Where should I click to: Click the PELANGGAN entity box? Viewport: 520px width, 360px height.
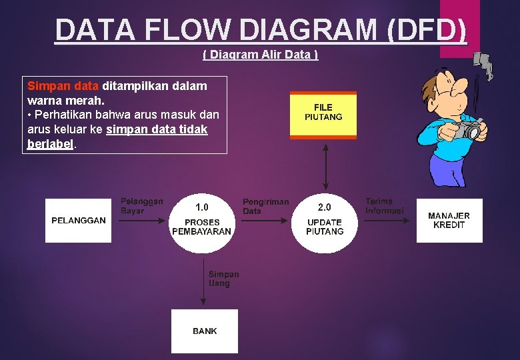pos(78,221)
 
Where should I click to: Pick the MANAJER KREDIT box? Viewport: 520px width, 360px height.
pos(449,221)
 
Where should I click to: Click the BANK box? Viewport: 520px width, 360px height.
pos(204,331)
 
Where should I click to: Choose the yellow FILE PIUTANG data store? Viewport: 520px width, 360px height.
pos(323,115)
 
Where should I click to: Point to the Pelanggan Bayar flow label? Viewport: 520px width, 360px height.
pos(141,206)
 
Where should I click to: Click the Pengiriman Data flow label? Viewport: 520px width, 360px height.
pos(265,207)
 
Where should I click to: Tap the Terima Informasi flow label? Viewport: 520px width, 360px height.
pos(384,206)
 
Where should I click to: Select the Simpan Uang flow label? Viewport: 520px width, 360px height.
pos(223,279)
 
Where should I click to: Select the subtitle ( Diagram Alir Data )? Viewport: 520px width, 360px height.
pos(260,55)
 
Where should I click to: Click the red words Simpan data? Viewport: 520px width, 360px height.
pos(63,86)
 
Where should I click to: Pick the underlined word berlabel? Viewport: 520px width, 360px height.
pos(51,144)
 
